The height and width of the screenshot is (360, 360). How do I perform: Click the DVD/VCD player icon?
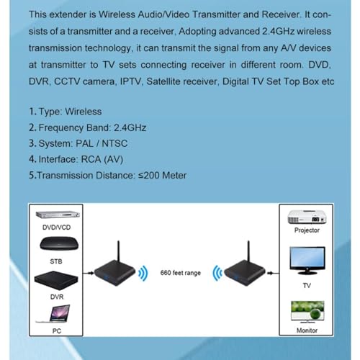coord(58,215)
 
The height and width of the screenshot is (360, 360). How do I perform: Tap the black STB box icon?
coord(59,244)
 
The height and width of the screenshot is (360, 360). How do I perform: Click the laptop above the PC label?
coord(53,314)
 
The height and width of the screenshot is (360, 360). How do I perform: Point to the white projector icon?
coord(307,217)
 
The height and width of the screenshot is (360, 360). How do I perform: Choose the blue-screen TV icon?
coord(307,261)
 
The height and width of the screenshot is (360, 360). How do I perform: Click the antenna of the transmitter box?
coord(118,251)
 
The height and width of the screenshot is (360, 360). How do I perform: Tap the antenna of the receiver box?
coord(248,251)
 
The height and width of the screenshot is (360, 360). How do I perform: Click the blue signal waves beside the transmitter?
coord(143,273)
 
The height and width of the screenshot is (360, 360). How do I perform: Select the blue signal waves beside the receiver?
coord(217,273)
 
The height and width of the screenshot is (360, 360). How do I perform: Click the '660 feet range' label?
coord(181,273)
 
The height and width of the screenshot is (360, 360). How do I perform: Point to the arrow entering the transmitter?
coord(89,273)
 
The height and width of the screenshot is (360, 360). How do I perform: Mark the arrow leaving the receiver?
coord(273,273)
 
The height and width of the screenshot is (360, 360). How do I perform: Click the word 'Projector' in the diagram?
coord(307,230)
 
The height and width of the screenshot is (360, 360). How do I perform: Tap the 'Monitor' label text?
coord(307,330)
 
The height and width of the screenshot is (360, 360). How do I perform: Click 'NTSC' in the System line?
coord(114,143)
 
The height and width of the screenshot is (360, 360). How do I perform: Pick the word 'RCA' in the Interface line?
coord(91,159)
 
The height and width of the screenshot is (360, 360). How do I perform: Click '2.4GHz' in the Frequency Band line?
coord(130,127)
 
